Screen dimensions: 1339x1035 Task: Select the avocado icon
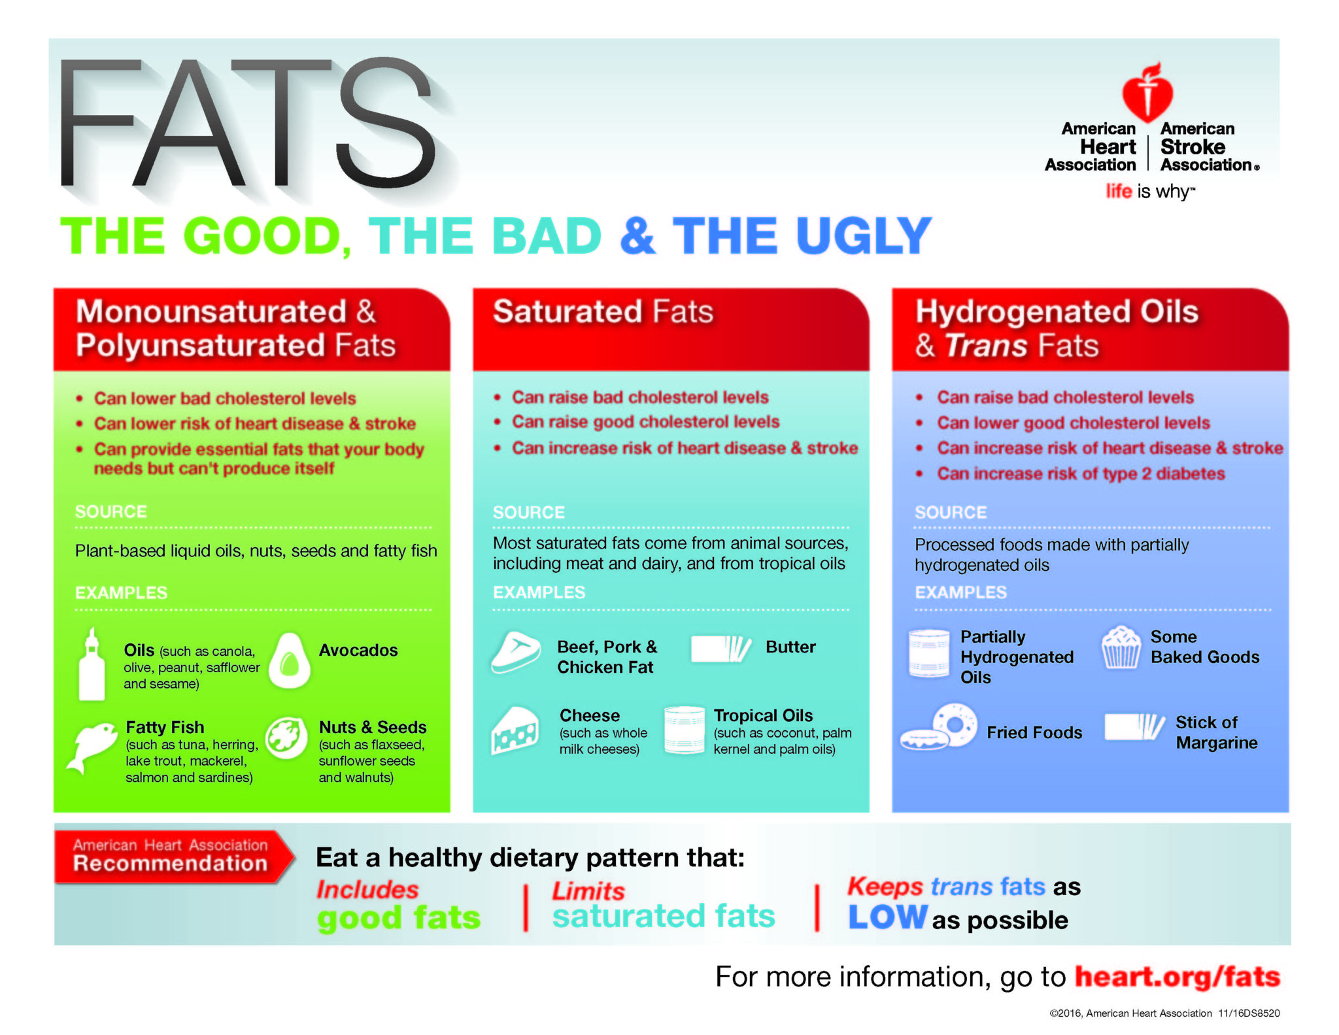click(x=290, y=660)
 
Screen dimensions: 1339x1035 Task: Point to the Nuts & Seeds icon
click(x=286, y=738)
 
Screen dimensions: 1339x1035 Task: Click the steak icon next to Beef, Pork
click(x=516, y=653)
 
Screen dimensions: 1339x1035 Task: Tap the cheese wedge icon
click(x=515, y=731)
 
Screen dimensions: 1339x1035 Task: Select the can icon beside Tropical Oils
click(x=685, y=730)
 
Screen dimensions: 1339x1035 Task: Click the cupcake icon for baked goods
click(x=1121, y=647)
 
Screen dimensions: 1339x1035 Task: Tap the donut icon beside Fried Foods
click(x=940, y=726)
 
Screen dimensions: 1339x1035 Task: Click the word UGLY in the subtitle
click(x=863, y=236)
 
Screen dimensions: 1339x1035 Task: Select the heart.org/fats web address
click(x=1178, y=977)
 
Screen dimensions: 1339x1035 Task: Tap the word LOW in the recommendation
click(x=888, y=917)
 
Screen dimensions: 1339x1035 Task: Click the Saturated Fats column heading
click(x=603, y=312)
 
